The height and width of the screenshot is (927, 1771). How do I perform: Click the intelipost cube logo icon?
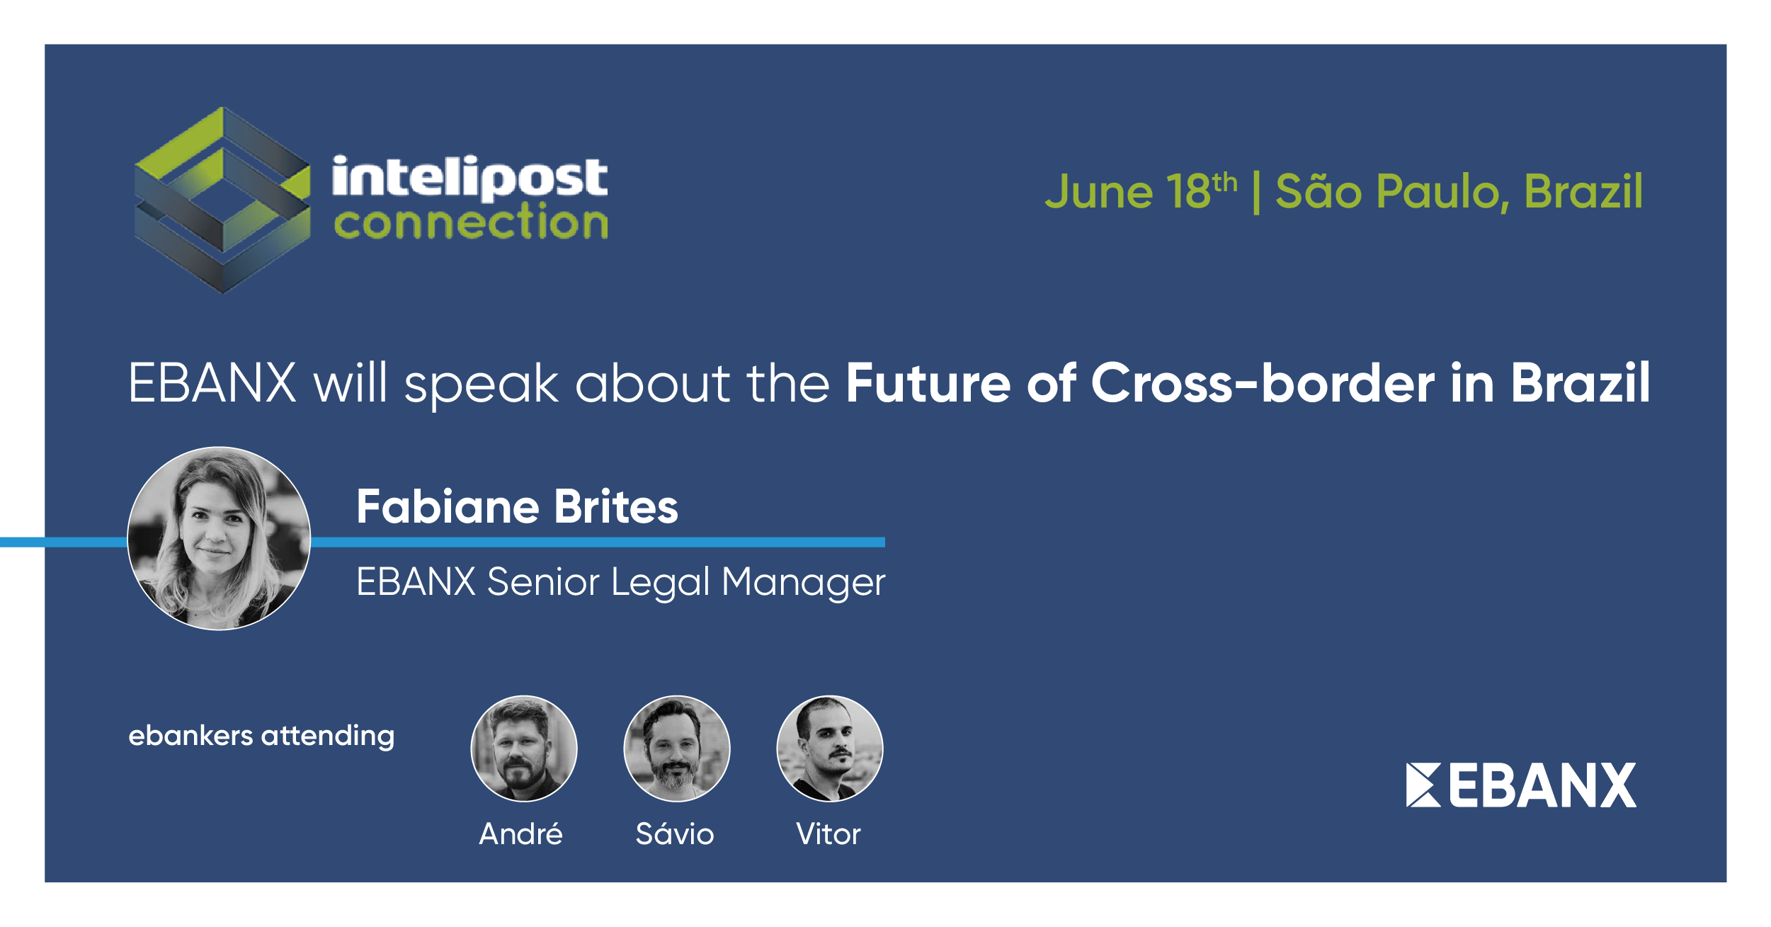coord(222,200)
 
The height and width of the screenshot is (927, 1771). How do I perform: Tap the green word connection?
coord(471,222)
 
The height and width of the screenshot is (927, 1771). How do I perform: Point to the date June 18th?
coord(1141,191)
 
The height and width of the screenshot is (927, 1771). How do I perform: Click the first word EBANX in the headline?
coord(212,383)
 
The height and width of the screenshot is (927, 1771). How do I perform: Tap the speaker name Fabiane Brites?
coord(517,506)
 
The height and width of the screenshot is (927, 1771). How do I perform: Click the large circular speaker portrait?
coord(219,538)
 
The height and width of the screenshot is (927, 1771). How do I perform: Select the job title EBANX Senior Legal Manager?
coord(620,582)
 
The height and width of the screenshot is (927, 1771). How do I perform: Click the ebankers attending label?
coord(261,736)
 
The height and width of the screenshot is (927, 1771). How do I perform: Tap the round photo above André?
coord(524,749)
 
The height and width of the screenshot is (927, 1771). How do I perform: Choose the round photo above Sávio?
coord(677,749)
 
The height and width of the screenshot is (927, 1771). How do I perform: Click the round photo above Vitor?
coord(830,749)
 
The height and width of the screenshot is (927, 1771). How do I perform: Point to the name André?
coord(521,834)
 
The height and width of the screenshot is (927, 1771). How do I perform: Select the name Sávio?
coord(675,834)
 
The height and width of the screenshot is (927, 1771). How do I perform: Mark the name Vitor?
coord(828,834)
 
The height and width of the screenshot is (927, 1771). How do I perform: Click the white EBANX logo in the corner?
coord(1521,785)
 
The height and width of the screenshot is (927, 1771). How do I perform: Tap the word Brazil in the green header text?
coord(1583,191)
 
